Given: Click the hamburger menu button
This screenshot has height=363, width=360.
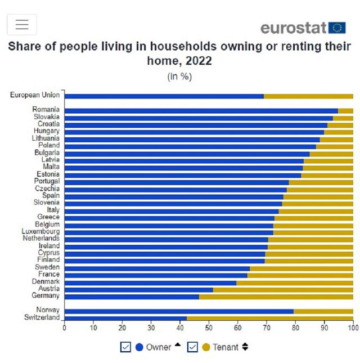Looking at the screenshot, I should pos(22,25).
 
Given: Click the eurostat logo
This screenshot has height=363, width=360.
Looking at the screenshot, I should pos(303,28).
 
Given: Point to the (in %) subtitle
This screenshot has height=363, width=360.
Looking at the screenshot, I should pos(179,77).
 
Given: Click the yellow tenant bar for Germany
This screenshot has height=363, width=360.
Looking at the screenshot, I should pos(276,296).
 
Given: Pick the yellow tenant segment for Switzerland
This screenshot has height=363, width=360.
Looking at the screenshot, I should pos(270,318).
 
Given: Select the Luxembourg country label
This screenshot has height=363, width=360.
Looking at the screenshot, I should pos(40,231).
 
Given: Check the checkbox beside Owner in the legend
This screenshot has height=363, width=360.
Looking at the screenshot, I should pos(125,347).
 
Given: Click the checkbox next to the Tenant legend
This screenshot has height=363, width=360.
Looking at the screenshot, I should pos(192,347).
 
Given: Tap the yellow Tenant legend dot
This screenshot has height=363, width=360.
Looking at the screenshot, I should pos(206,347).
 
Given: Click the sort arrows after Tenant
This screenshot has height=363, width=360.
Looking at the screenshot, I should pos(245,347).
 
